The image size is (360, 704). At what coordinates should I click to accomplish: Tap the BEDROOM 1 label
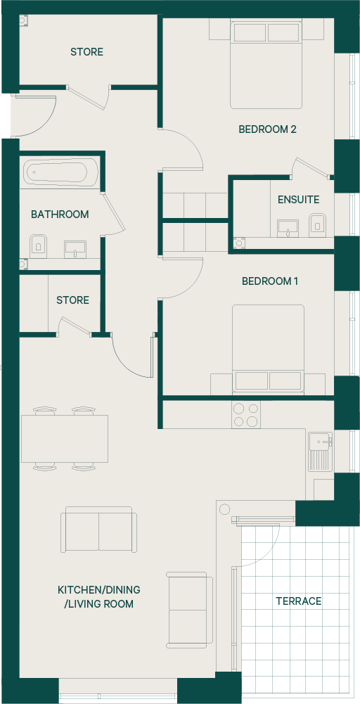pos(270,281)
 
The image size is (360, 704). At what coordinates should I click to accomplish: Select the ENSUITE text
pos(299,199)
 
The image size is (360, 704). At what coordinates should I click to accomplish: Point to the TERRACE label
pos(299,601)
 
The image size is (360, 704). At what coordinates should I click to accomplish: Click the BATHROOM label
pos(60,215)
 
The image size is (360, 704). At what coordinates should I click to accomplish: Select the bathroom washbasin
pos(75,249)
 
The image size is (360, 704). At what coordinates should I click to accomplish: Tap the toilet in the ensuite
pos(317,225)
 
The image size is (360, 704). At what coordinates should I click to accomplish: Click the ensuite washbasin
pos(288,228)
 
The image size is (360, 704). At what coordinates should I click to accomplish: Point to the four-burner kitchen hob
pos(246,414)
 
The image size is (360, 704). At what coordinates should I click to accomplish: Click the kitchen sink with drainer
pos(320,452)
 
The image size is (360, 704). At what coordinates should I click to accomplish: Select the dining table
pos(65,439)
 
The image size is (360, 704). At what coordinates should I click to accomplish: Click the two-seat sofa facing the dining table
pos(98,530)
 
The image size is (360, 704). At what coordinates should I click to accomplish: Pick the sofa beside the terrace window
pos(189,610)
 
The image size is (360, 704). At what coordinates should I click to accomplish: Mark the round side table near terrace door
pos(224,509)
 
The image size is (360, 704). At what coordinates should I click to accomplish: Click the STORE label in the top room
pos(86,52)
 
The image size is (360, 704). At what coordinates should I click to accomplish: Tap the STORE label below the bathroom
pos(72,300)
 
